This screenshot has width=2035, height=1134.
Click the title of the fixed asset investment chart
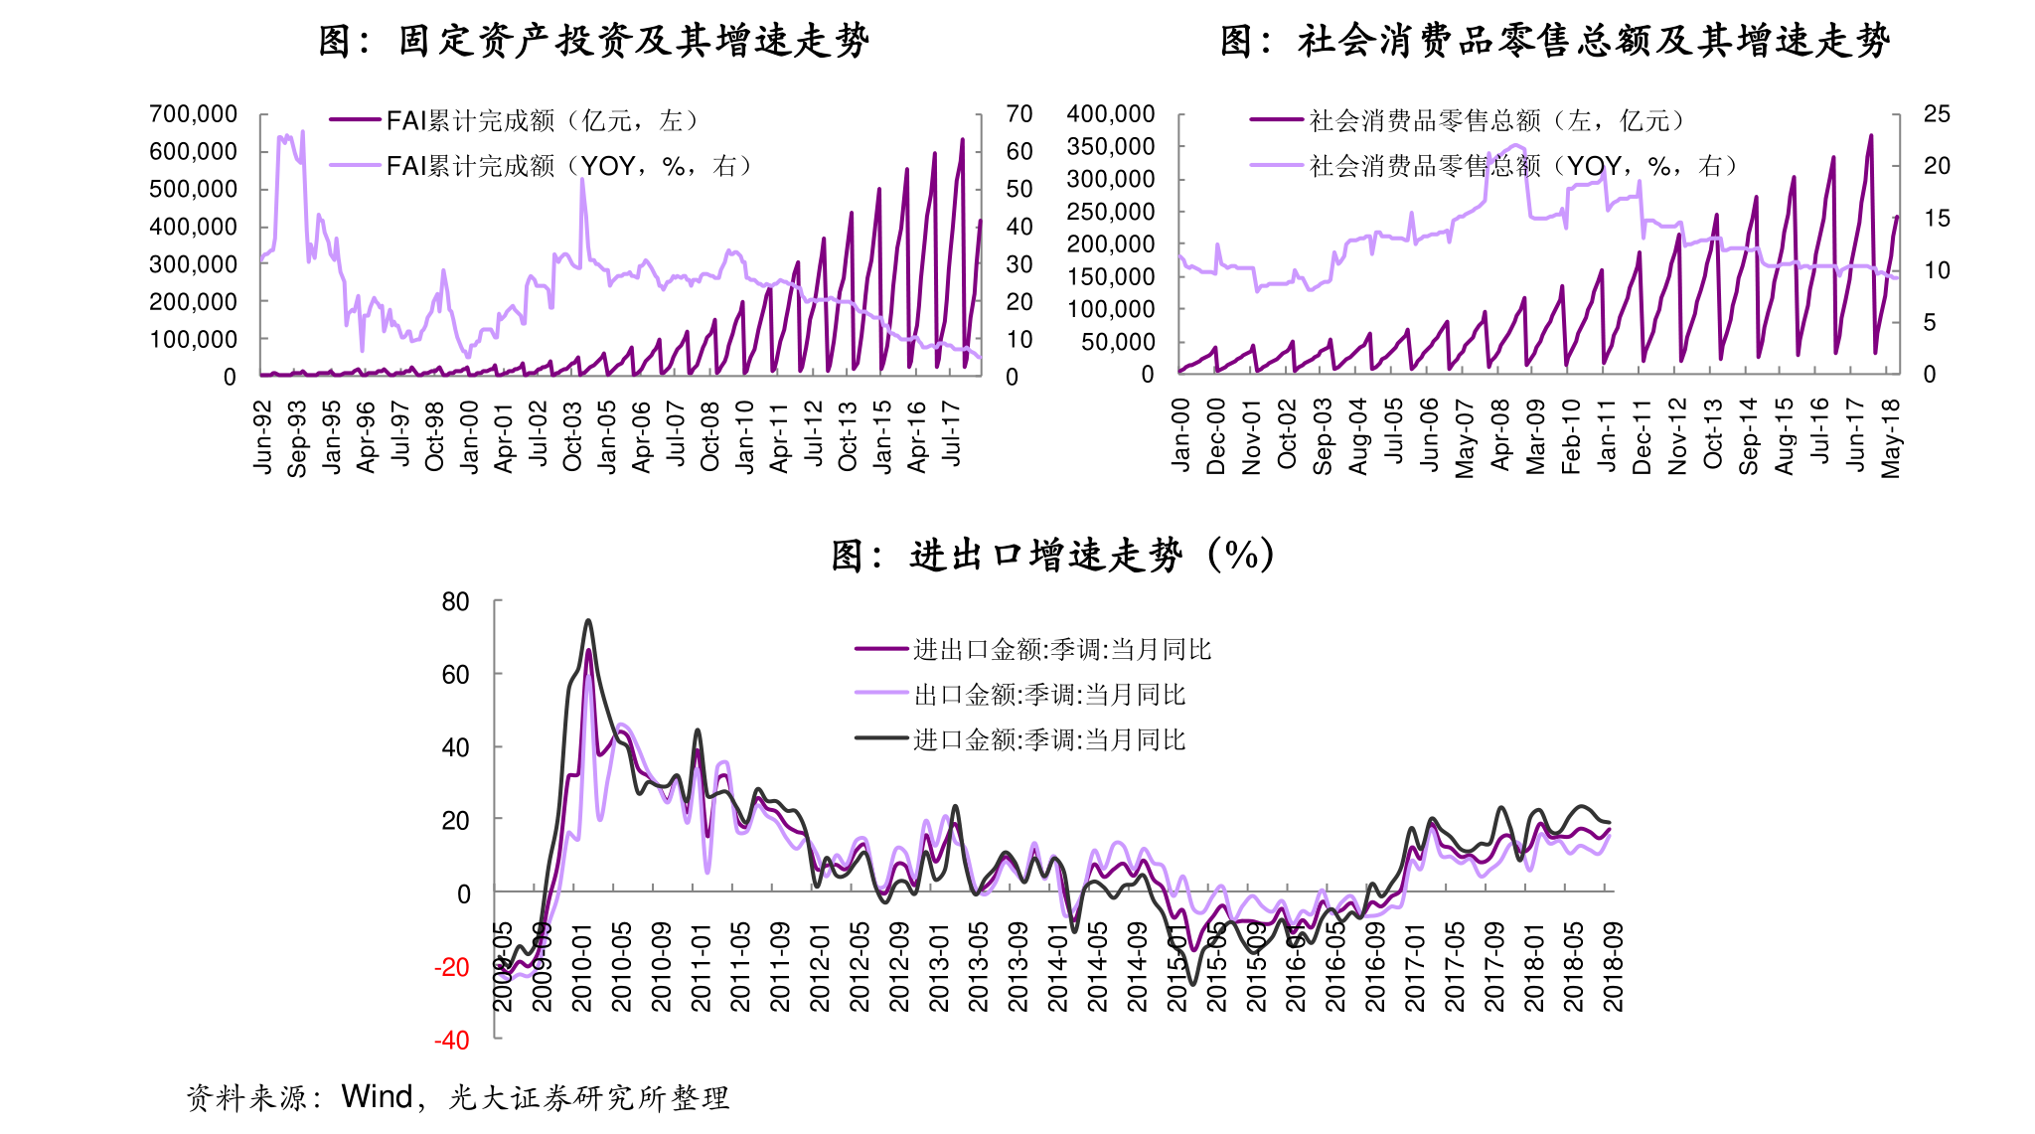click(593, 41)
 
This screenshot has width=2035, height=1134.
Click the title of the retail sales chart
click(1554, 41)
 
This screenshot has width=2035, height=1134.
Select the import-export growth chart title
click(1051, 555)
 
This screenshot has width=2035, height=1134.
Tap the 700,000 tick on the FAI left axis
click(193, 114)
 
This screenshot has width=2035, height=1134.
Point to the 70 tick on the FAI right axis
click(1018, 114)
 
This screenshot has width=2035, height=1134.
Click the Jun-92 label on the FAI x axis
click(262, 437)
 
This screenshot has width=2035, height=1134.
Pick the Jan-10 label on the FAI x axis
click(745, 437)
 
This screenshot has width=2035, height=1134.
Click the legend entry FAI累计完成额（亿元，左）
click(542, 121)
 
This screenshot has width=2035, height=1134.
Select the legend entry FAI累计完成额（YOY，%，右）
click(568, 166)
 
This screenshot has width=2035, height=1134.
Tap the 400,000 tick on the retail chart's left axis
click(1110, 114)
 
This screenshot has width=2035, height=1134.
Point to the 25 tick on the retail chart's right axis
click(1936, 114)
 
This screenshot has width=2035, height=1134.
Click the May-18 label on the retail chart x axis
click(1890, 437)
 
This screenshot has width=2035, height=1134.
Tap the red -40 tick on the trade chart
click(451, 1041)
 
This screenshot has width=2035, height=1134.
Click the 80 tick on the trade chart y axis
click(455, 602)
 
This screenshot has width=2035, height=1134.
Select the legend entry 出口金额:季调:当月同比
click(1049, 695)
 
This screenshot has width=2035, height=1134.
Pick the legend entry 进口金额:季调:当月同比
click(1049, 739)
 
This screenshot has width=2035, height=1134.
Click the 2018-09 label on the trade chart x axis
click(1614, 967)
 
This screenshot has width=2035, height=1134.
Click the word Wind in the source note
click(377, 1096)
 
